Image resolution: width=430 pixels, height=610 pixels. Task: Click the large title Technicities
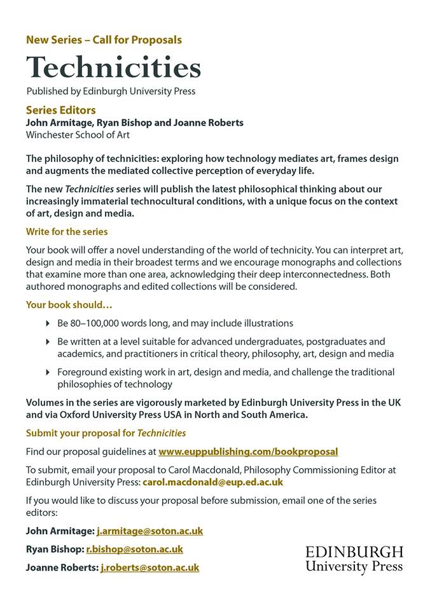point(113,67)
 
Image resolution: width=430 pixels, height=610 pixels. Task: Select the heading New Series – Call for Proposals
point(104,39)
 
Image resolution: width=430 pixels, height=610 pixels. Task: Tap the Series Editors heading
point(61,110)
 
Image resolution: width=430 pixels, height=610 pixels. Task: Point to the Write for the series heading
point(67,231)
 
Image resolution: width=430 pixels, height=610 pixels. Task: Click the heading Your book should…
point(69,304)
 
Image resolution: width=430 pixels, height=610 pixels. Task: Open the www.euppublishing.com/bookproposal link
point(248,452)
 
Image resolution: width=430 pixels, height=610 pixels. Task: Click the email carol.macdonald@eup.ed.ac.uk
point(212,482)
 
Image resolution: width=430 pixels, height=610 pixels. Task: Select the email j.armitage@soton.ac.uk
point(149,531)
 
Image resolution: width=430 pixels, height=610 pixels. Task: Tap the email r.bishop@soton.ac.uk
point(134,549)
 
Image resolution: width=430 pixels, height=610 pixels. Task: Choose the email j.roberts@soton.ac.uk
point(149,567)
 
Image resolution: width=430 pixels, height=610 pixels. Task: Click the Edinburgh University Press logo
point(354,559)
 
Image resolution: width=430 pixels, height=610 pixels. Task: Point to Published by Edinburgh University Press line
point(111,91)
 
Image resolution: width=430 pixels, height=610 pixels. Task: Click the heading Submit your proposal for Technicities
point(106,433)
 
